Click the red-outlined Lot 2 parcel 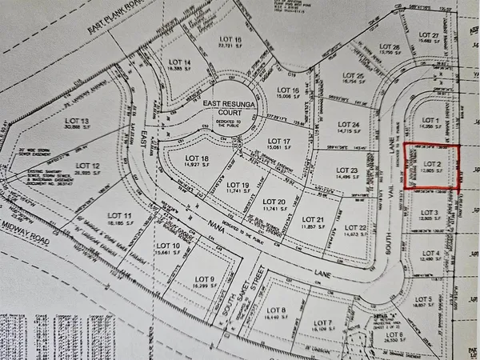432,166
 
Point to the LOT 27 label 430,35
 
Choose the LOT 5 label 424,300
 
